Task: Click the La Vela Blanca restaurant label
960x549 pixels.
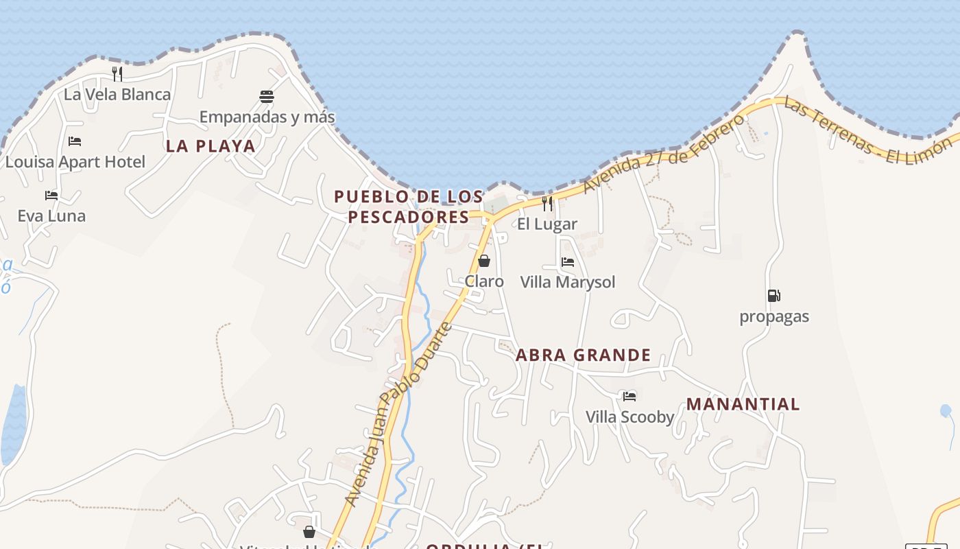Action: (117, 94)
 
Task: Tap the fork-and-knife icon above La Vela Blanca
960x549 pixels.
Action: (117, 73)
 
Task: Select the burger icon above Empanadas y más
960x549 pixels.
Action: (267, 96)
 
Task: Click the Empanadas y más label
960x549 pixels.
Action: (267, 117)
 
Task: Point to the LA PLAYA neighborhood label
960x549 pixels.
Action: (211, 145)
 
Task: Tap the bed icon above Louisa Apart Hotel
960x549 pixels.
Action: (75, 141)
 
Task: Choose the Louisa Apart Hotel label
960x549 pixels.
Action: (75, 162)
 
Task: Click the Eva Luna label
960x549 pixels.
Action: (51, 215)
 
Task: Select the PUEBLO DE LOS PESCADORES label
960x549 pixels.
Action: (409, 207)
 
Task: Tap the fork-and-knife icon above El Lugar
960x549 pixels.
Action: (547, 203)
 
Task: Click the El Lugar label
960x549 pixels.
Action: (547, 224)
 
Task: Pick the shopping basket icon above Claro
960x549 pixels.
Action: (484, 261)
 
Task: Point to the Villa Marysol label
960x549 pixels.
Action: (568, 282)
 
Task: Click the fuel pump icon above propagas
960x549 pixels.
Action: (773, 296)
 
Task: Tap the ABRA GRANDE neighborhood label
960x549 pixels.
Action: (583, 355)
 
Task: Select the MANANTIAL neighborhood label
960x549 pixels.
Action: (743, 404)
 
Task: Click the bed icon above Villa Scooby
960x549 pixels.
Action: (629, 396)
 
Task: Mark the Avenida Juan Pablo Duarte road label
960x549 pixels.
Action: (398, 414)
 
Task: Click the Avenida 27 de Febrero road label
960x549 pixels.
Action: (663, 154)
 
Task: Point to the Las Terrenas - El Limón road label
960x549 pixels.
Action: (869, 132)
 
